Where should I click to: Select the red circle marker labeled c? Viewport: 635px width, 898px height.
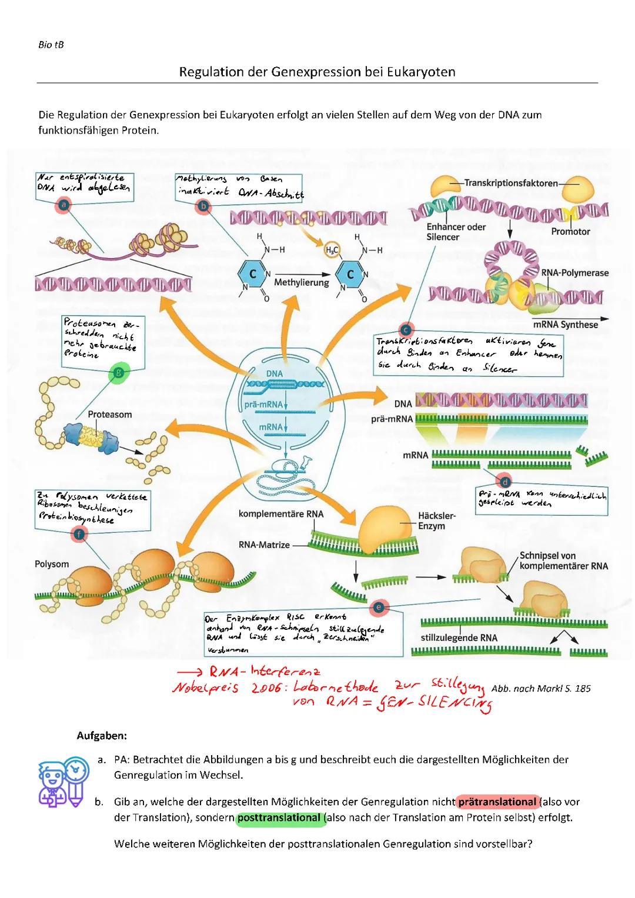406,329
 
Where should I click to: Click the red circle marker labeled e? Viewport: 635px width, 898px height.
379,606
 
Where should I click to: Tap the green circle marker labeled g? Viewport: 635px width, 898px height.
120,372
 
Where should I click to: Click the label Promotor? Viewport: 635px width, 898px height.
570,232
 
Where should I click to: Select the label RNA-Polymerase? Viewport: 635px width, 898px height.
574,273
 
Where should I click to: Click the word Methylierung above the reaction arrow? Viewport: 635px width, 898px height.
302,282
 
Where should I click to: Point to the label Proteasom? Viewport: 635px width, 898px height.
110,415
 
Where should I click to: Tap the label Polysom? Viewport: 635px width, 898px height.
52,564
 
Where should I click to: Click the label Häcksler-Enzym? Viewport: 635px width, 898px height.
436,520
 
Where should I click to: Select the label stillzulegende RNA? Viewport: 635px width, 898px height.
459,637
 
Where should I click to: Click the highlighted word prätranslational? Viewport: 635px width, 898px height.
497,802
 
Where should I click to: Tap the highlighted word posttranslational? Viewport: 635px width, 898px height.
279,817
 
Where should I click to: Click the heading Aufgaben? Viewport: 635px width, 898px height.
102,736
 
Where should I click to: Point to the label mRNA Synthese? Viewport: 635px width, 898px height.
565,325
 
